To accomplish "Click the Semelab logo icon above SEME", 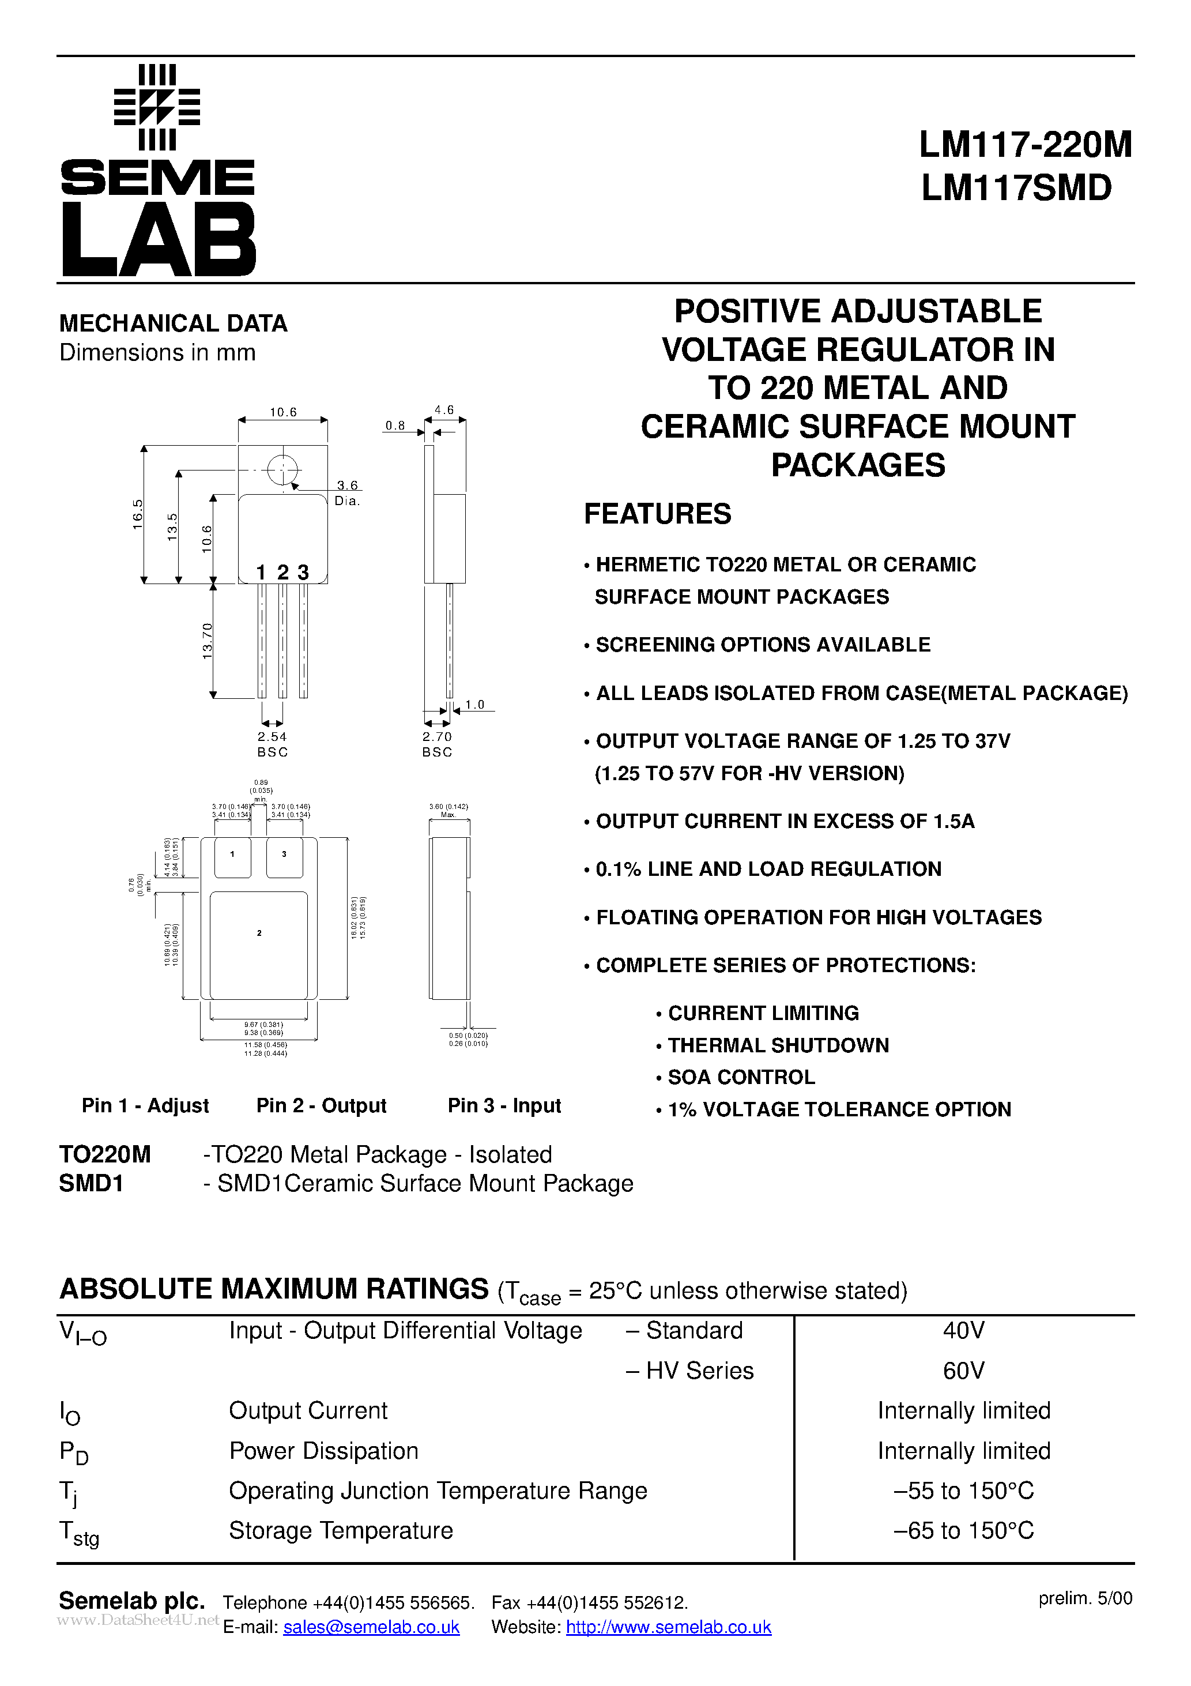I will coord(157,107).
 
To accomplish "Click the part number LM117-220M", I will coord(1025,145).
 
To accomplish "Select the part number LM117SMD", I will coord(1016,188).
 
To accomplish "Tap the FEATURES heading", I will coord(657,514).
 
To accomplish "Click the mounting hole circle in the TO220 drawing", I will coord(282,470).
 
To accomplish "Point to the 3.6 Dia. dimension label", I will coord(347,493).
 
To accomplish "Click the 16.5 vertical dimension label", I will coord(137,514).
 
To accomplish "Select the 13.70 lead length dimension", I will coord(207,641).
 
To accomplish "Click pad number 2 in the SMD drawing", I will coord(259,934).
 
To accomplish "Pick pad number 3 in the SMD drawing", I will coord(284,854).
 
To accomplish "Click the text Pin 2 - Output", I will coord(321,1106).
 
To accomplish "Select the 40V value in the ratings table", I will coord(963,1331).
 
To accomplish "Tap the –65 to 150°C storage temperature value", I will coord(963,1531).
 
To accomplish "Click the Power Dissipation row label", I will coord(324,1451).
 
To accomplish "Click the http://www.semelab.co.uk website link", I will coord(668,1627).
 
